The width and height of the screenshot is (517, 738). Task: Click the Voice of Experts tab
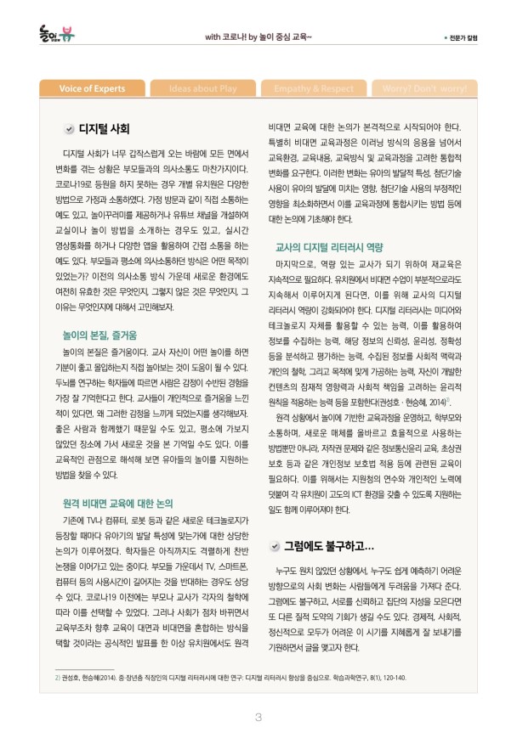pyautogui.click(x=94, y=88)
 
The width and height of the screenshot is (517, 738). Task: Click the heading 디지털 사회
pyautogui.click(x=104, y=129)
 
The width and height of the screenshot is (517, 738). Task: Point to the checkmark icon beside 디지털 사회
pyautogui.click(x=68, y=129)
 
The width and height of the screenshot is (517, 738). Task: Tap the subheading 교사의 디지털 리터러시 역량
pyautogui.click(x=329, y=247)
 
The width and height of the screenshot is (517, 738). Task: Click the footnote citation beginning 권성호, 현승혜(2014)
pyautogui.click(x=230, y=678)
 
